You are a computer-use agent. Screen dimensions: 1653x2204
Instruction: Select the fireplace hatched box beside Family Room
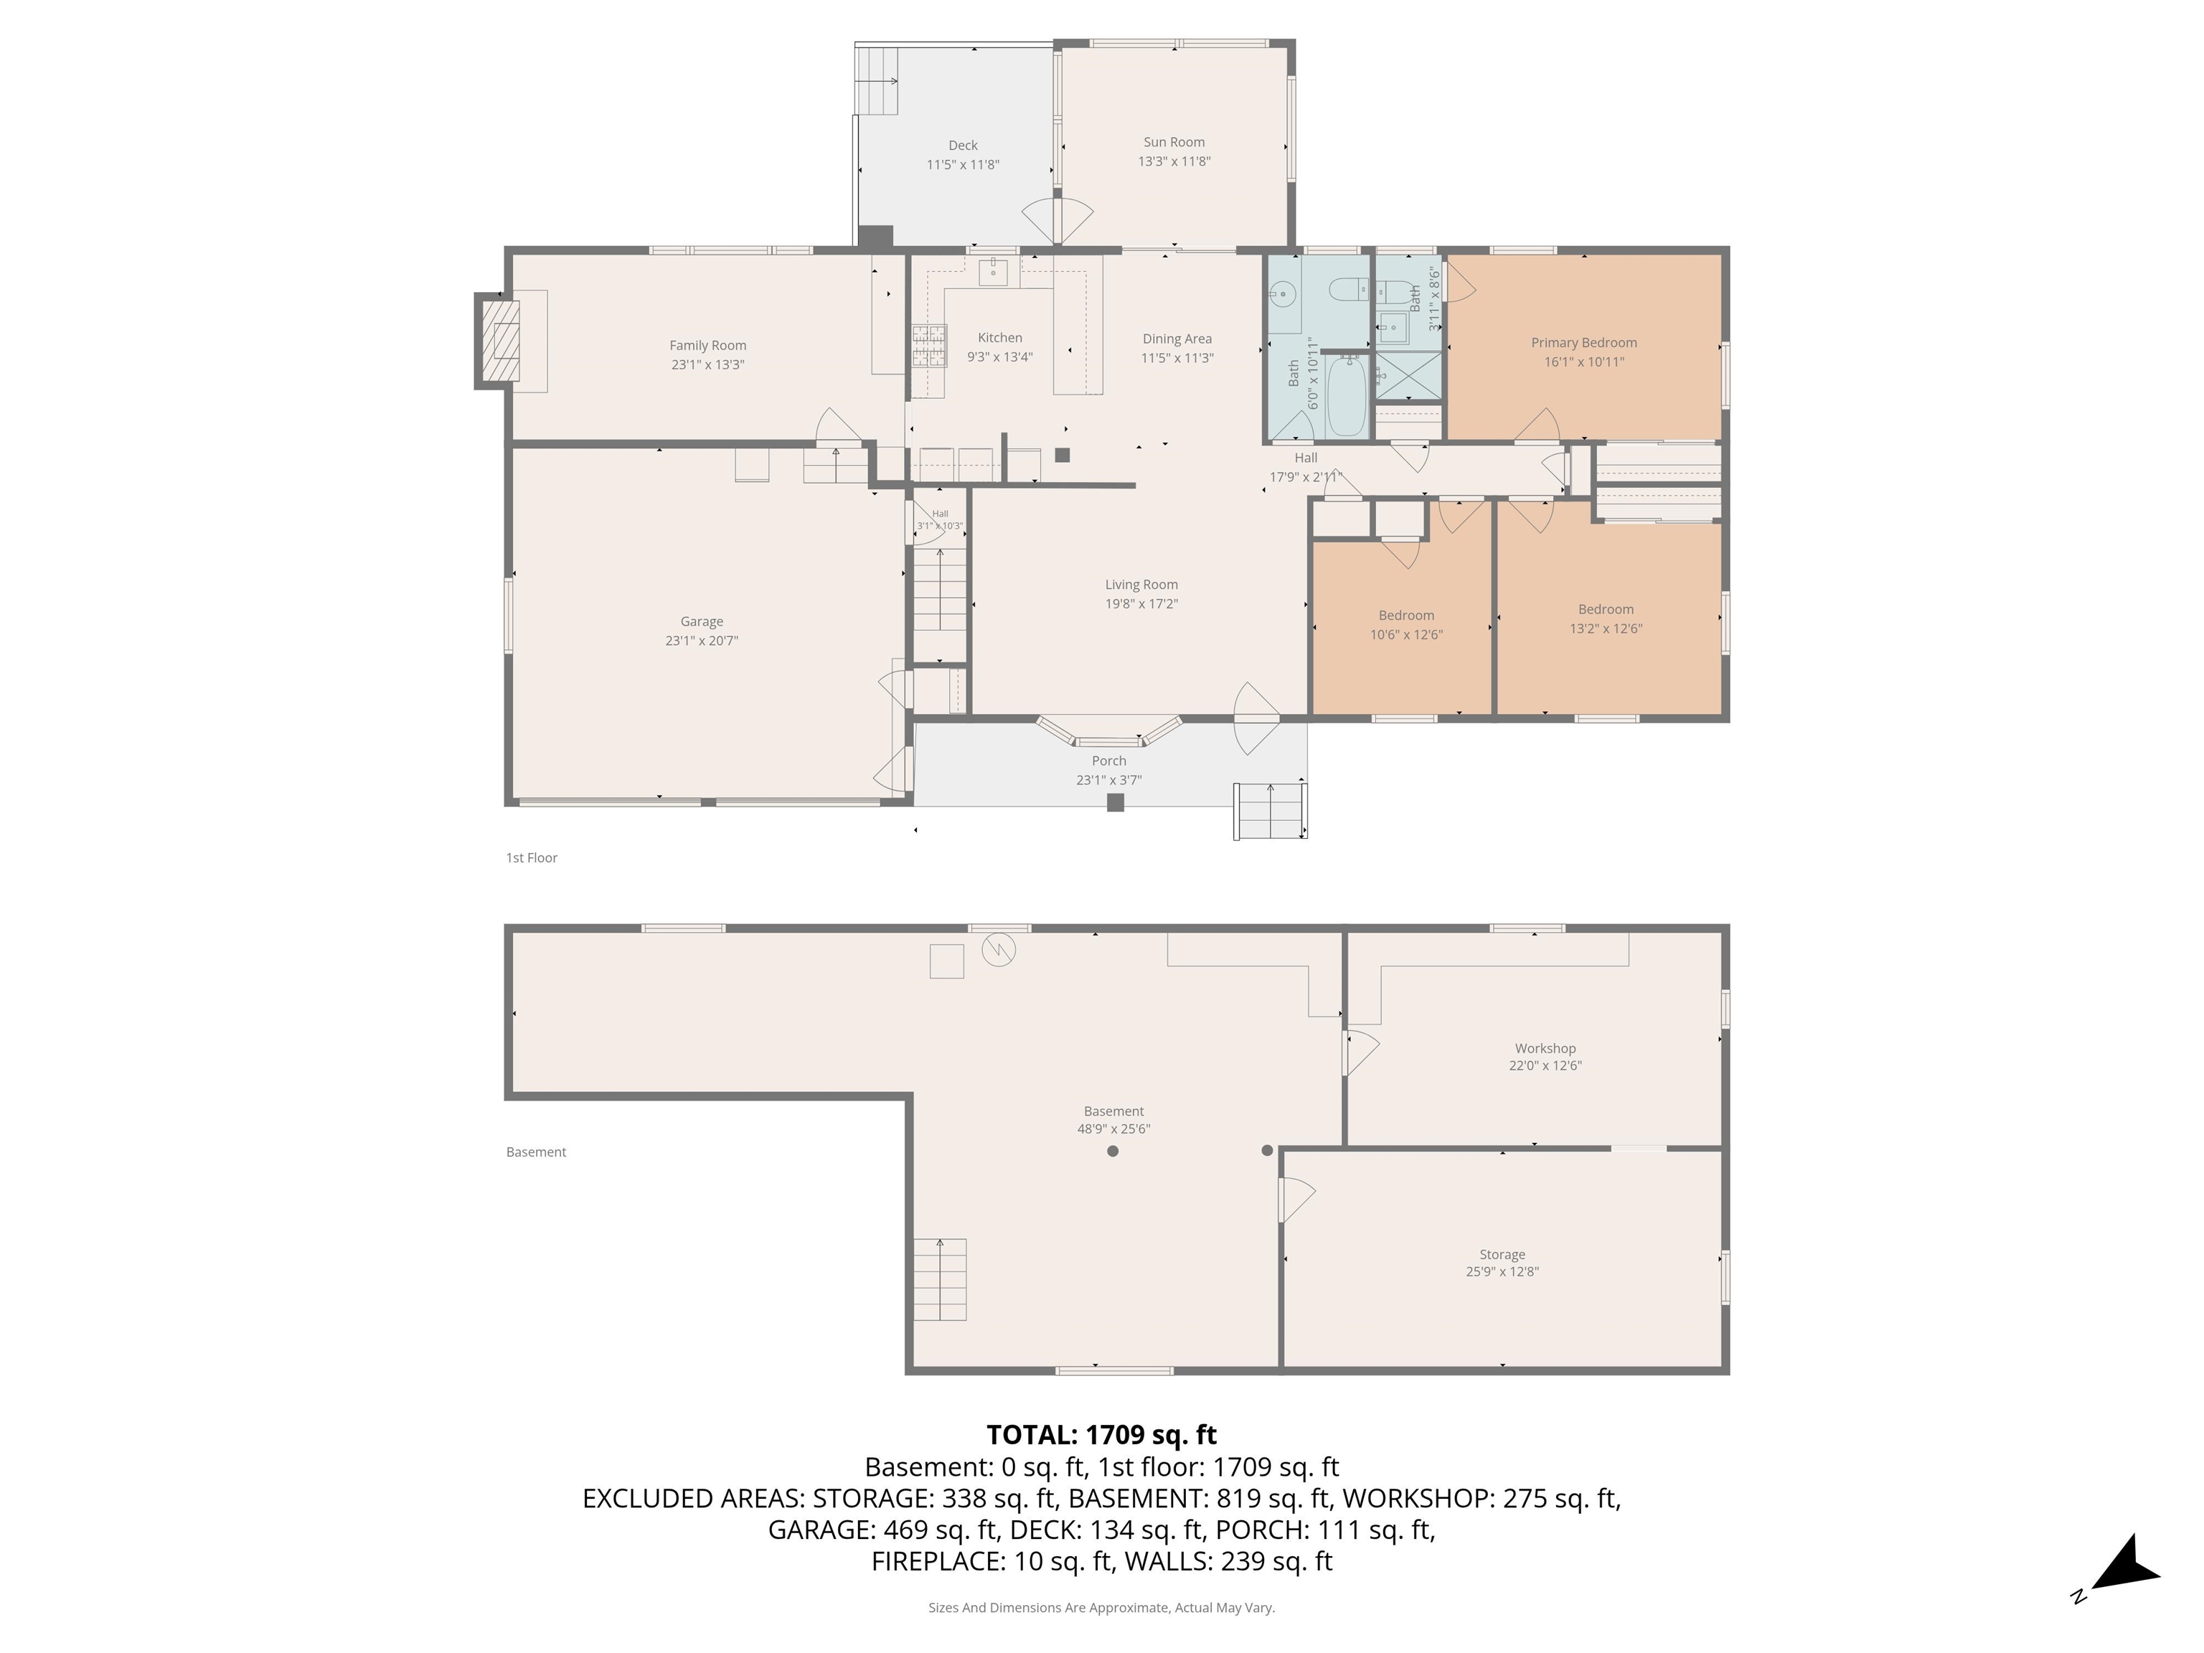[500, 341]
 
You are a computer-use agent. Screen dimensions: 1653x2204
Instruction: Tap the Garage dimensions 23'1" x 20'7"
[702, 641]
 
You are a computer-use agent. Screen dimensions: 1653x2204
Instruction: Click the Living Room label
[1141, 585]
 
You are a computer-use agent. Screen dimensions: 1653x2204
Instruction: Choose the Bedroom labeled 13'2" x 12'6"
[1605, 618]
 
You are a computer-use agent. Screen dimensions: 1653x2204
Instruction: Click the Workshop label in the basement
[1545, 1048]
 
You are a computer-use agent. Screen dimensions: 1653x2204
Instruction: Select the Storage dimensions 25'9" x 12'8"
[1502, 1272]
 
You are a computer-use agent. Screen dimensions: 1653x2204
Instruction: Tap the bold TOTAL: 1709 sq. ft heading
[1101, 1435]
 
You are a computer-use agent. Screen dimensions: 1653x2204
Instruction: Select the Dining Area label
[1177, 339]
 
